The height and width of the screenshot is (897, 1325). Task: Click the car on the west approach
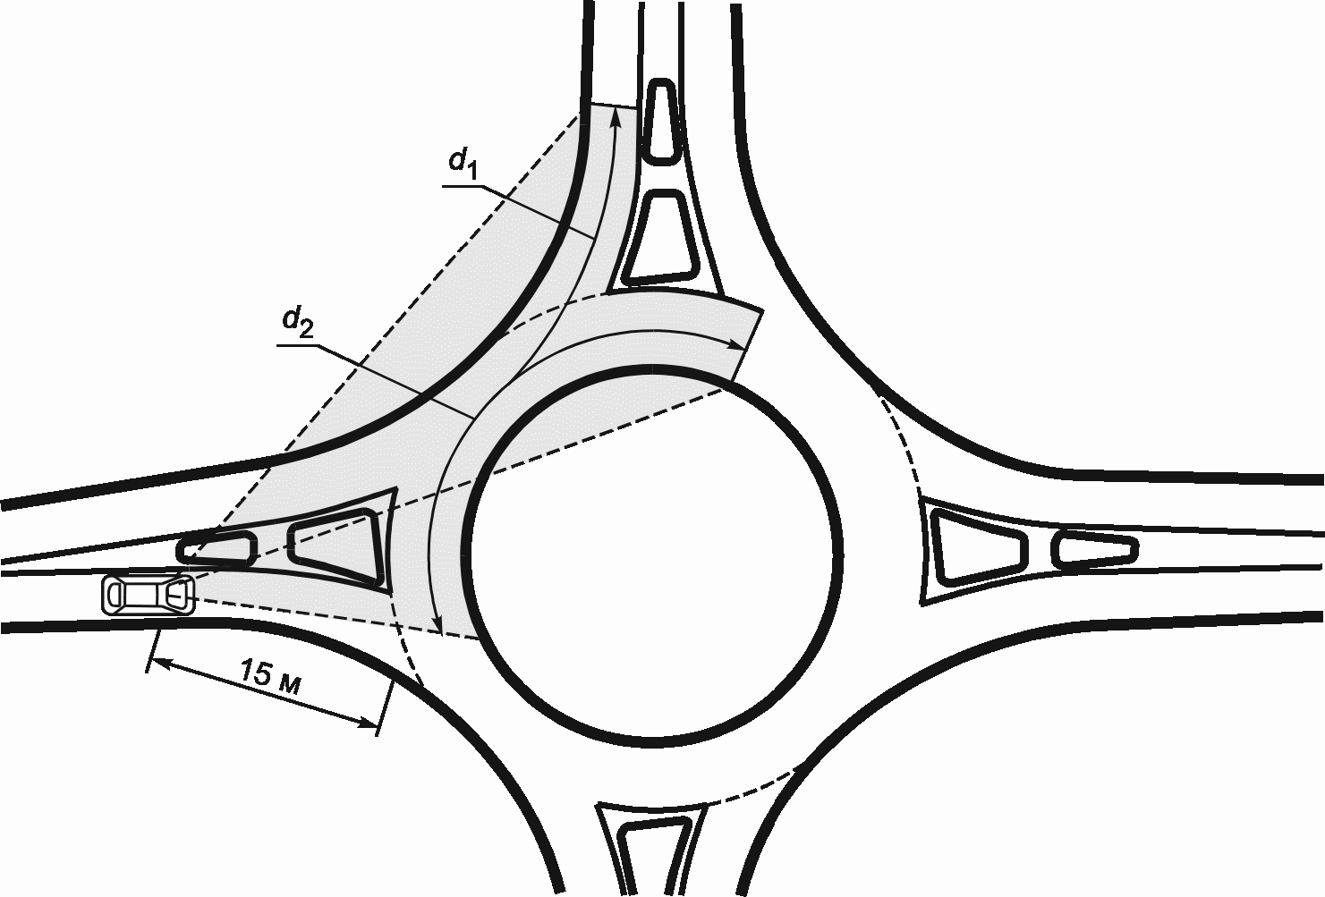[149, 595]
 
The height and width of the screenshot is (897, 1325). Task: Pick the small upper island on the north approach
[662, 121]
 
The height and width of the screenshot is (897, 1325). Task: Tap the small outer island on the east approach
[1093, 549]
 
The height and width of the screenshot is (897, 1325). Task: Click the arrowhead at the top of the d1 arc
[616, 119]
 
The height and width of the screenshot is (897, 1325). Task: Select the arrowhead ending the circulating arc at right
[737, 344]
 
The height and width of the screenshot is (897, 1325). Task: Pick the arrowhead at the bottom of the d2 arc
[437, 623]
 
